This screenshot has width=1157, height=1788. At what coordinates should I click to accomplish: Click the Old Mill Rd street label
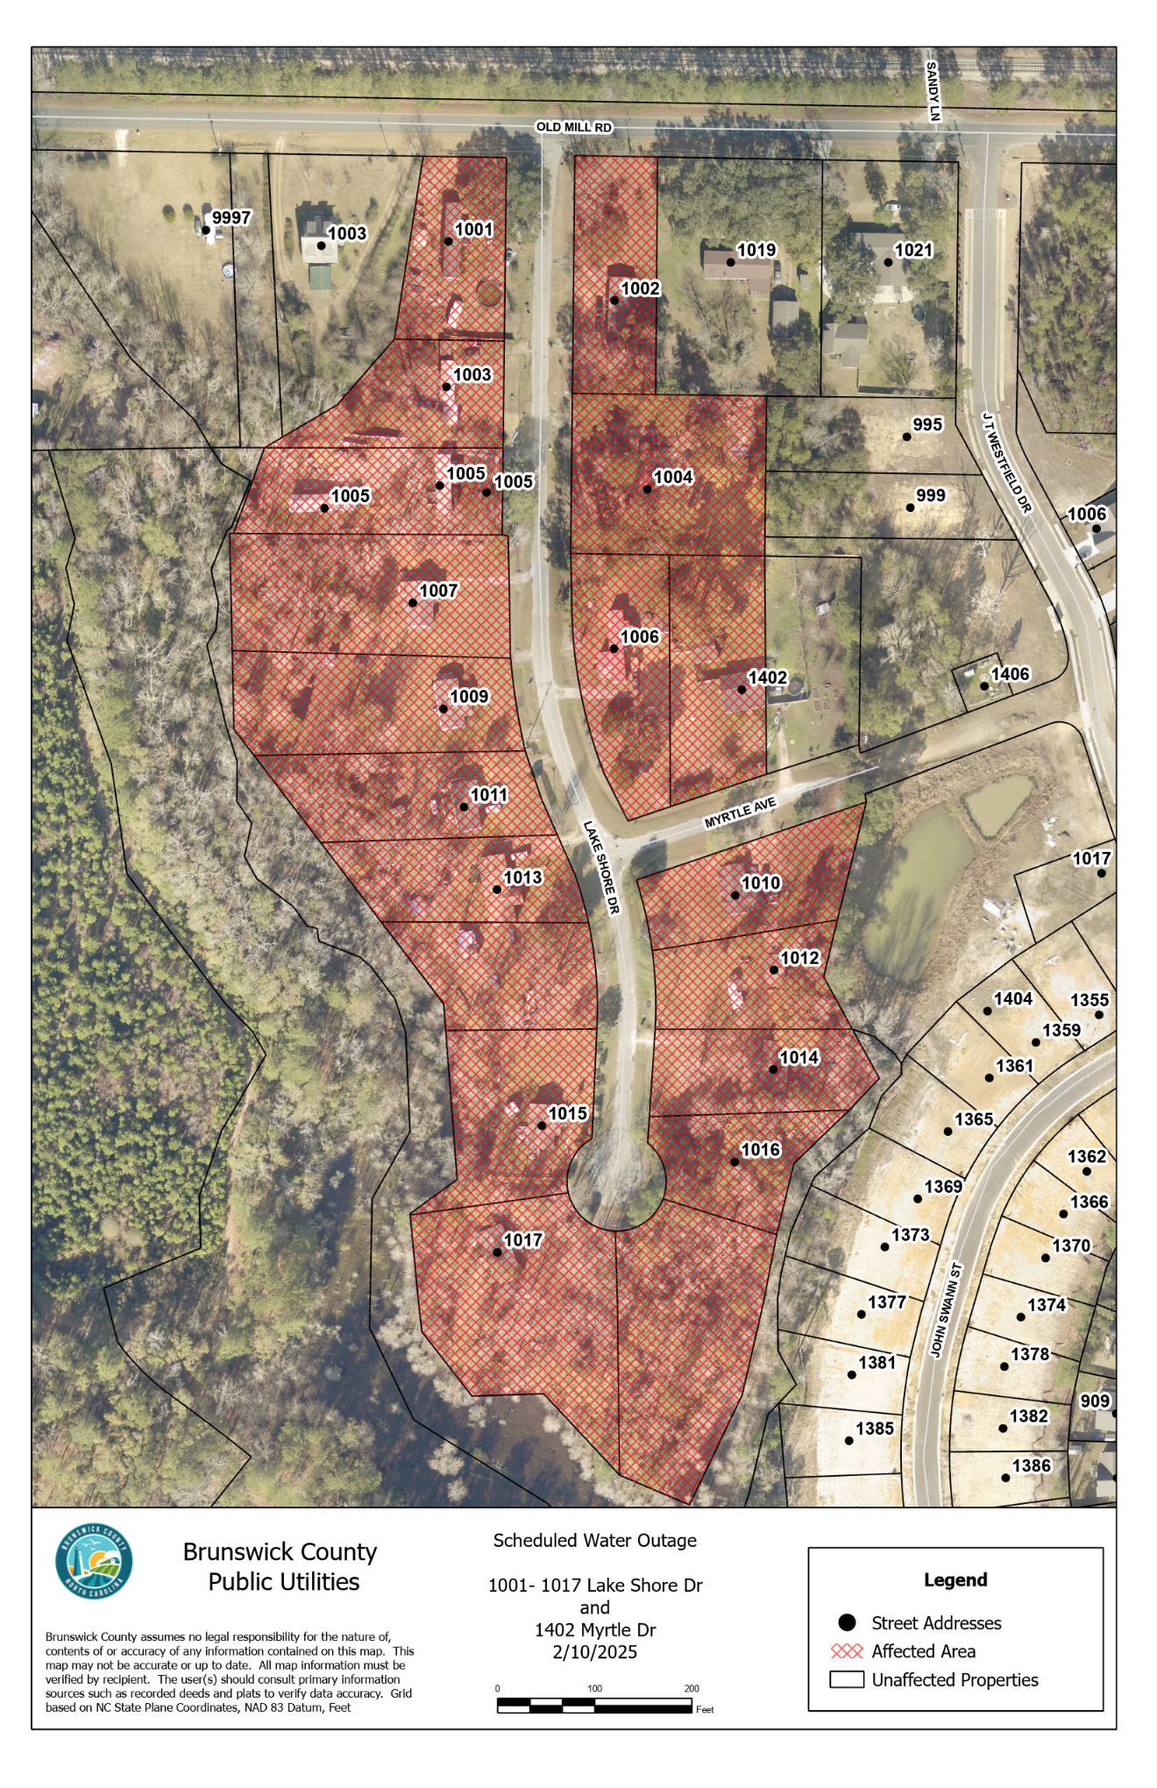(573, 127)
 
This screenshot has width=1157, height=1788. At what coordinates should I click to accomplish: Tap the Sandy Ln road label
(933, 91)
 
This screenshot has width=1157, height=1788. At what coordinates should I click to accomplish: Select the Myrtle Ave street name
(741, 812)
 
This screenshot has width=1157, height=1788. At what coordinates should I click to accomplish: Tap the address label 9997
(231, 217)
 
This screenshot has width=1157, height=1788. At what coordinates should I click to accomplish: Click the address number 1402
(767, 678)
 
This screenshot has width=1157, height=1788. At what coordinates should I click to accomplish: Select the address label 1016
(760, 1149)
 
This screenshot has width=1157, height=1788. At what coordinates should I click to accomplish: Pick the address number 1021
(913, 250)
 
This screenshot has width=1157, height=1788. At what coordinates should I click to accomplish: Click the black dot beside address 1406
(984, 686)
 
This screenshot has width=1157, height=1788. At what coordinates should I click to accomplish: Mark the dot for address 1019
(730, 262)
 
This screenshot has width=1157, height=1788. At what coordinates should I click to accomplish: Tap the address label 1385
(875, 1428)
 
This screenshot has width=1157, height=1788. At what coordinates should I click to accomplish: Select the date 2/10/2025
(594, 1652)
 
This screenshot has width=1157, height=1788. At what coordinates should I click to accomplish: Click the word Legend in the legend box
(955, 1579)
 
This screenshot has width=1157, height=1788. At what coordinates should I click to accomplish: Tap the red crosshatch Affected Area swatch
(847, 1651)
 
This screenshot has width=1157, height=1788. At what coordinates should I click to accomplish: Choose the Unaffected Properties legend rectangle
(847, 1679)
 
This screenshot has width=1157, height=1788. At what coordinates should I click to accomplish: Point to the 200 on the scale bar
(692, 1688)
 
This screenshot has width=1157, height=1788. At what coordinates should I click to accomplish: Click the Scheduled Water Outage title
(594, 1540)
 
